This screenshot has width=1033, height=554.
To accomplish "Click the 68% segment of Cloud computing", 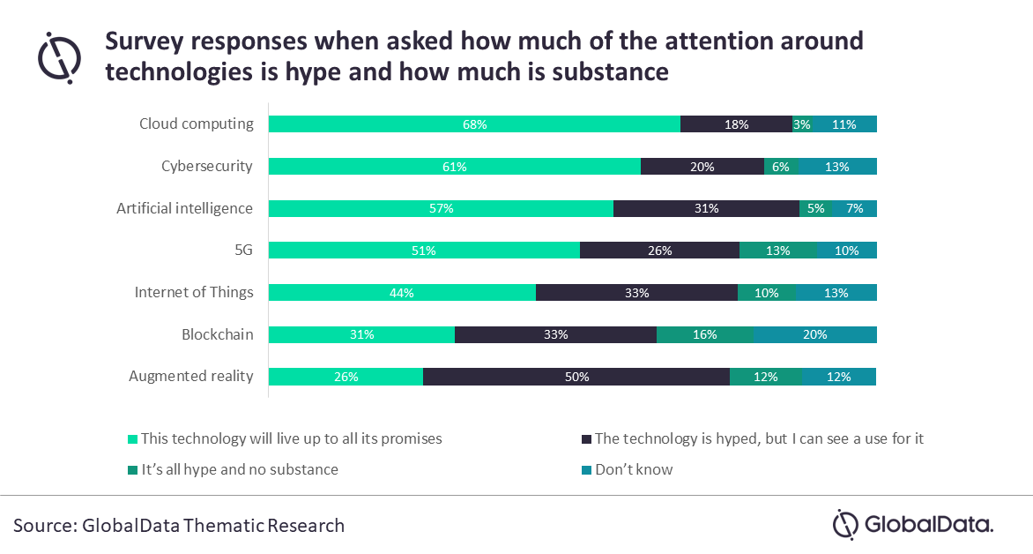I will point(474,124).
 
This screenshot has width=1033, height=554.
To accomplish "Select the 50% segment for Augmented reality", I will point(576,377).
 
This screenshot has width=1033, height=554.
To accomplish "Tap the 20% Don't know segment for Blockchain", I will point(815,334).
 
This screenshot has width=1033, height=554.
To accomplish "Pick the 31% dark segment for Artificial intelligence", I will point(706,209).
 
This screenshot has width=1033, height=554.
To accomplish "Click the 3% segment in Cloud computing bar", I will point(802,124).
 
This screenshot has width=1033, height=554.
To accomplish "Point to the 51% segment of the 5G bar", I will point(424,251).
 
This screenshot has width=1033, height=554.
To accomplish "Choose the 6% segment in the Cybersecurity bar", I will point(781,167).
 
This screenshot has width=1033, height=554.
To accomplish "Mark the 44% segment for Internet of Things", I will point(402,293).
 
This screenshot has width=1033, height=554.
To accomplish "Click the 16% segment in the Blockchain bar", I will point(705,334).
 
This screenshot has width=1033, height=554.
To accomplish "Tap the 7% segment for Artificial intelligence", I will point(854,209).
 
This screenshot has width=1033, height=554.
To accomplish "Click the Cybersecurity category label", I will point(207,166).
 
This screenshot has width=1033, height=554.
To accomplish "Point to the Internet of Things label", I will point(194,292).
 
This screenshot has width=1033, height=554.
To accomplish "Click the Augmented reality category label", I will point(191,376).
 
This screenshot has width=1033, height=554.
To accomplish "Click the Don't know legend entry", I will point(633,469).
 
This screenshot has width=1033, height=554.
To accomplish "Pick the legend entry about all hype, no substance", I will point(239,469).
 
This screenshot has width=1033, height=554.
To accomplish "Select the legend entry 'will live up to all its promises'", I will point(291,438).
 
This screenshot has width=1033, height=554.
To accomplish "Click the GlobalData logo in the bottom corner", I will point(913,524).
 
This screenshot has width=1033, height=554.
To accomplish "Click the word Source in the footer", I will point(43,526).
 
